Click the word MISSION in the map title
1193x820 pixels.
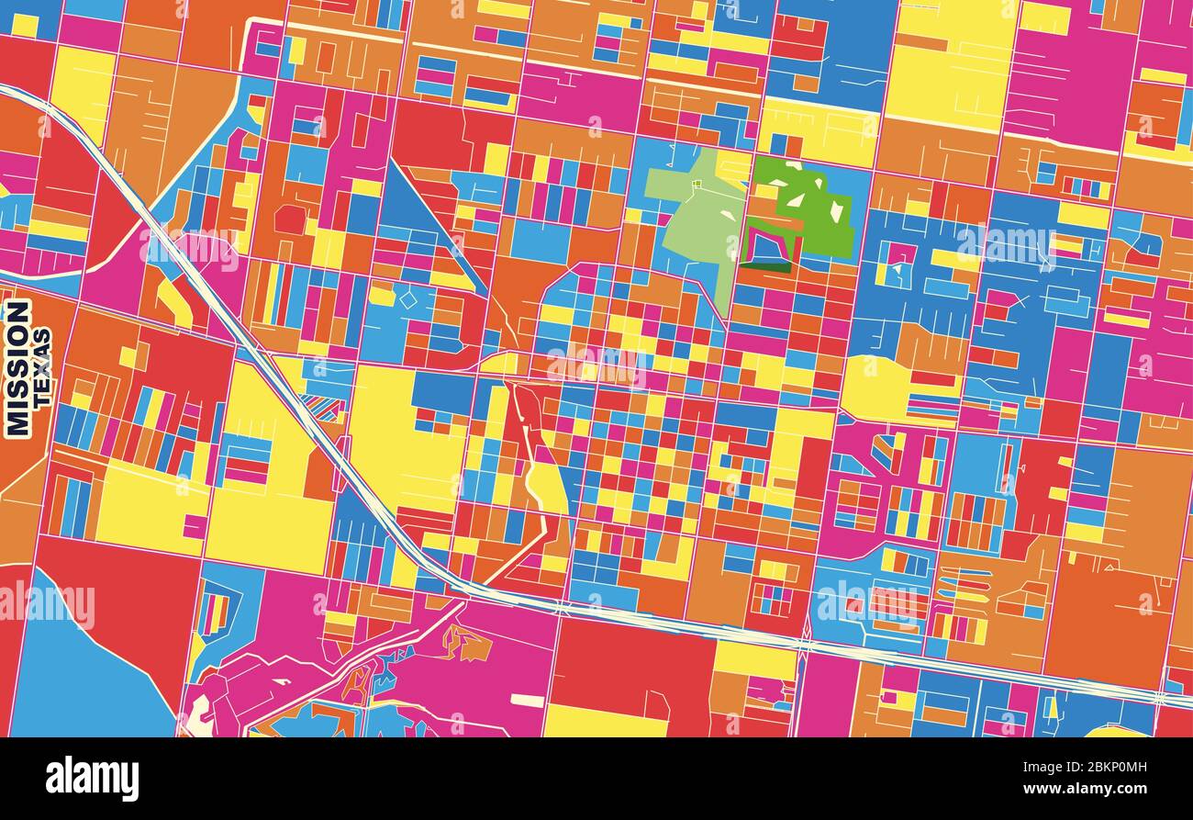[17, 367]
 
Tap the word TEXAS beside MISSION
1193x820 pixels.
[42, 367]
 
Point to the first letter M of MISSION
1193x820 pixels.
[17, 422]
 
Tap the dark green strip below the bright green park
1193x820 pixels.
[767, 267]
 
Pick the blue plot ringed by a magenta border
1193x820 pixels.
[769, 245]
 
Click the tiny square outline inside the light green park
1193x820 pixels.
[697, 184]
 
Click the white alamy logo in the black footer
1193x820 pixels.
[92, 778]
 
